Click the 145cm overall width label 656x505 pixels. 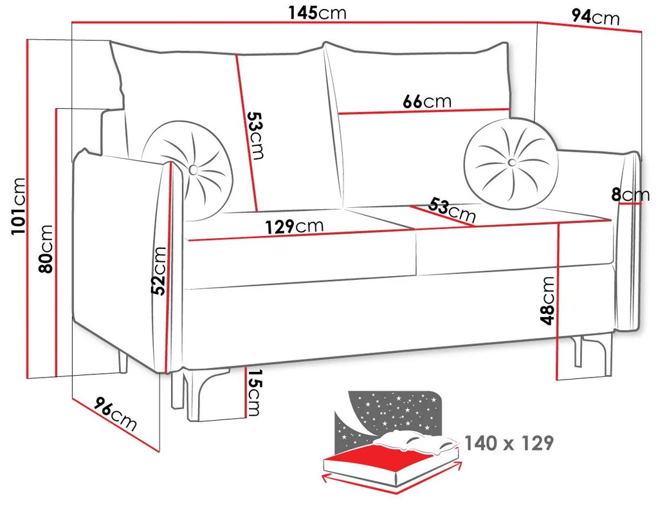317,13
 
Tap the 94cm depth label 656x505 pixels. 595,17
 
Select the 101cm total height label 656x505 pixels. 19,206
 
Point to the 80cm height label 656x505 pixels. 46,248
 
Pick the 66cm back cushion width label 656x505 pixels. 427,102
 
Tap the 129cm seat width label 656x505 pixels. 295,226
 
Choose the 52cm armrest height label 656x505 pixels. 159,271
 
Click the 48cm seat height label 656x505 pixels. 547,300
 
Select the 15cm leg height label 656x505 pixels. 254,392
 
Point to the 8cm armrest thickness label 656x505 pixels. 630,195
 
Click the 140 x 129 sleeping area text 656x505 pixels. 509,443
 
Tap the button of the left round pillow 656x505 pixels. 194,169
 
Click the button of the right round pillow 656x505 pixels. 511,162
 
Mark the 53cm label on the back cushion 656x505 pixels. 255,135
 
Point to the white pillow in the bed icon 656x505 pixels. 414,441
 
